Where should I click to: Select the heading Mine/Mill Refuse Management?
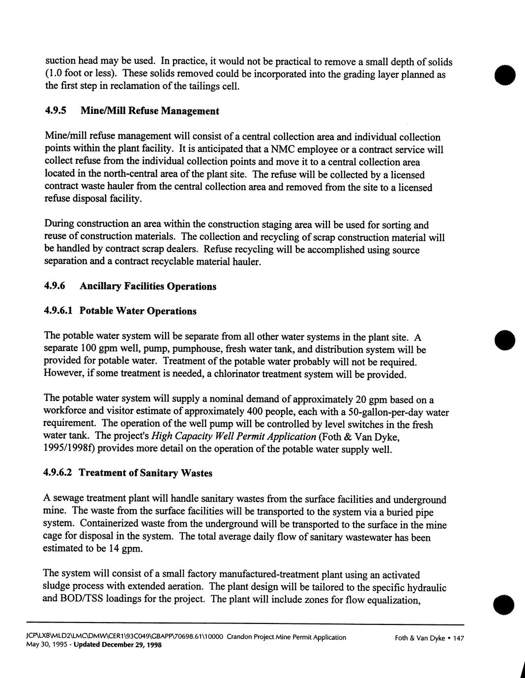coord(149,111)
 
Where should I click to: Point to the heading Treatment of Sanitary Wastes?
coord(146,473)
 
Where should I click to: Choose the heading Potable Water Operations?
coord(138,311)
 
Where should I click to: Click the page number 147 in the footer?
coord(458,638)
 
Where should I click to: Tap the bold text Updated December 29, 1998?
coord(117,645)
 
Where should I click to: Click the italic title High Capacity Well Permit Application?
coord(233,436)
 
